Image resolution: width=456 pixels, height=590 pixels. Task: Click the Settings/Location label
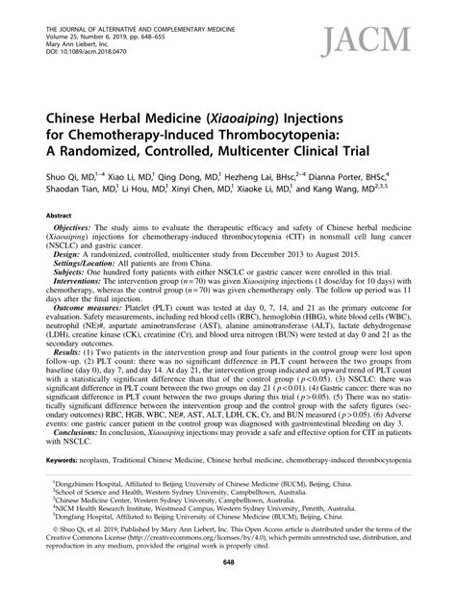(98, 289)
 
